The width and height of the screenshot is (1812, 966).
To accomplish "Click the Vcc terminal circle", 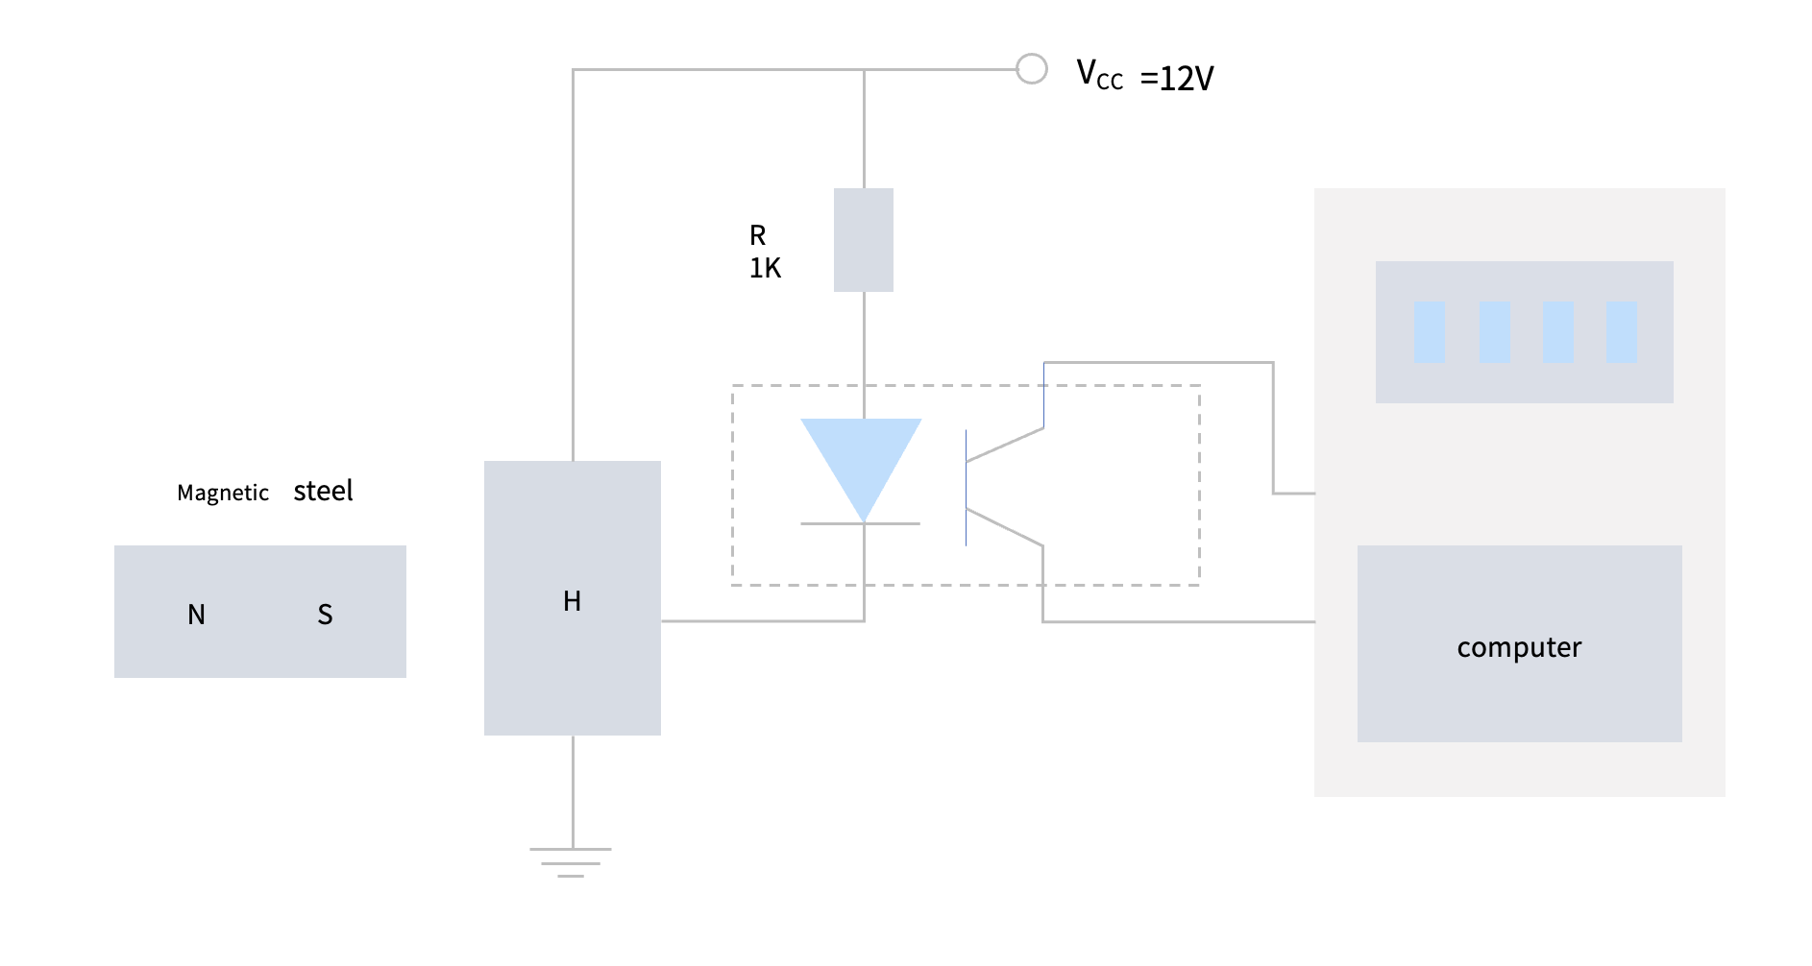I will point(1031,69).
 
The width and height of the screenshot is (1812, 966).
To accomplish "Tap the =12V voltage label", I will point(1177,79).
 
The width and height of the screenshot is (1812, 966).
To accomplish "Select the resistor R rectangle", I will point(863,240).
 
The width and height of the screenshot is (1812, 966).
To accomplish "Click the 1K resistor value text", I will point(765,269).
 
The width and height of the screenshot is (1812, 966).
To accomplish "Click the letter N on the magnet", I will point(196,615).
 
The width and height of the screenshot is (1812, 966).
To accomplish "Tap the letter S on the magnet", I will point(325,615).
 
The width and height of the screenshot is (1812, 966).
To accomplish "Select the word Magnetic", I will point(223,494).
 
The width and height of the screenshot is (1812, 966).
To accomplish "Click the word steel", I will point(323,492).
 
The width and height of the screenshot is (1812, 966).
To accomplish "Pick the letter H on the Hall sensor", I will point(572,601).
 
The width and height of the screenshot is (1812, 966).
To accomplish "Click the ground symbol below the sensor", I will point(571,861).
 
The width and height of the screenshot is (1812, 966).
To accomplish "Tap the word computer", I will point(1519,648).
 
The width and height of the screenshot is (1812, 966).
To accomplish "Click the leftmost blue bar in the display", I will point(1429,332).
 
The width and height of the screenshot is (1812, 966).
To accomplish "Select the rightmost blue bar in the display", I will point(1621,332).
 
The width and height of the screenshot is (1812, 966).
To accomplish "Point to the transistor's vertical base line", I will point(966,488).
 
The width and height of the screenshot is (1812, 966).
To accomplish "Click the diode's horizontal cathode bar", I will point(860,523).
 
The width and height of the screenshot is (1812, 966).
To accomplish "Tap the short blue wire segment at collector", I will point(1043,395).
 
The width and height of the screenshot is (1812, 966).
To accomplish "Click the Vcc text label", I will point(1098,75).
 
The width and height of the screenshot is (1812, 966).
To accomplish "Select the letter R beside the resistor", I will point(757,235).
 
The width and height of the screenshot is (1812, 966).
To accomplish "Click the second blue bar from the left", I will point(1494,332).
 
